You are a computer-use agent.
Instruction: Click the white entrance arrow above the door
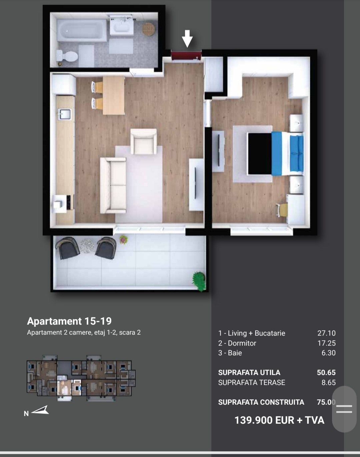187,38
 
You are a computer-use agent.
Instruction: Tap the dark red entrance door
186,55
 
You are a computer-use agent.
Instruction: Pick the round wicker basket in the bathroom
148,29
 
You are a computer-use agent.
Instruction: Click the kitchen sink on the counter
64,114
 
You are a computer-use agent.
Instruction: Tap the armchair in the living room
144,141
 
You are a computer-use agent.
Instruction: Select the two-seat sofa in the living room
113,185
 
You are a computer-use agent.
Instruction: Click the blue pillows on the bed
296,153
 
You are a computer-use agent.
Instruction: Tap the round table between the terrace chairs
87,246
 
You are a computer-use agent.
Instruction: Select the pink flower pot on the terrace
123,240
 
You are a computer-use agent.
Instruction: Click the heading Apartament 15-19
69,321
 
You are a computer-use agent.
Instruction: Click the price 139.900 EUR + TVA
279,420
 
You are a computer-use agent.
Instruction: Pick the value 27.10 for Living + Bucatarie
326,333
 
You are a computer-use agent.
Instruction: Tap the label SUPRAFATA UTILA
249,373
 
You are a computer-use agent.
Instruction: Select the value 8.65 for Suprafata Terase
329,383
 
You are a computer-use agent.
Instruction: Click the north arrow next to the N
40,410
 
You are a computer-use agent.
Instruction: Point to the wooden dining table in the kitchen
114,95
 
